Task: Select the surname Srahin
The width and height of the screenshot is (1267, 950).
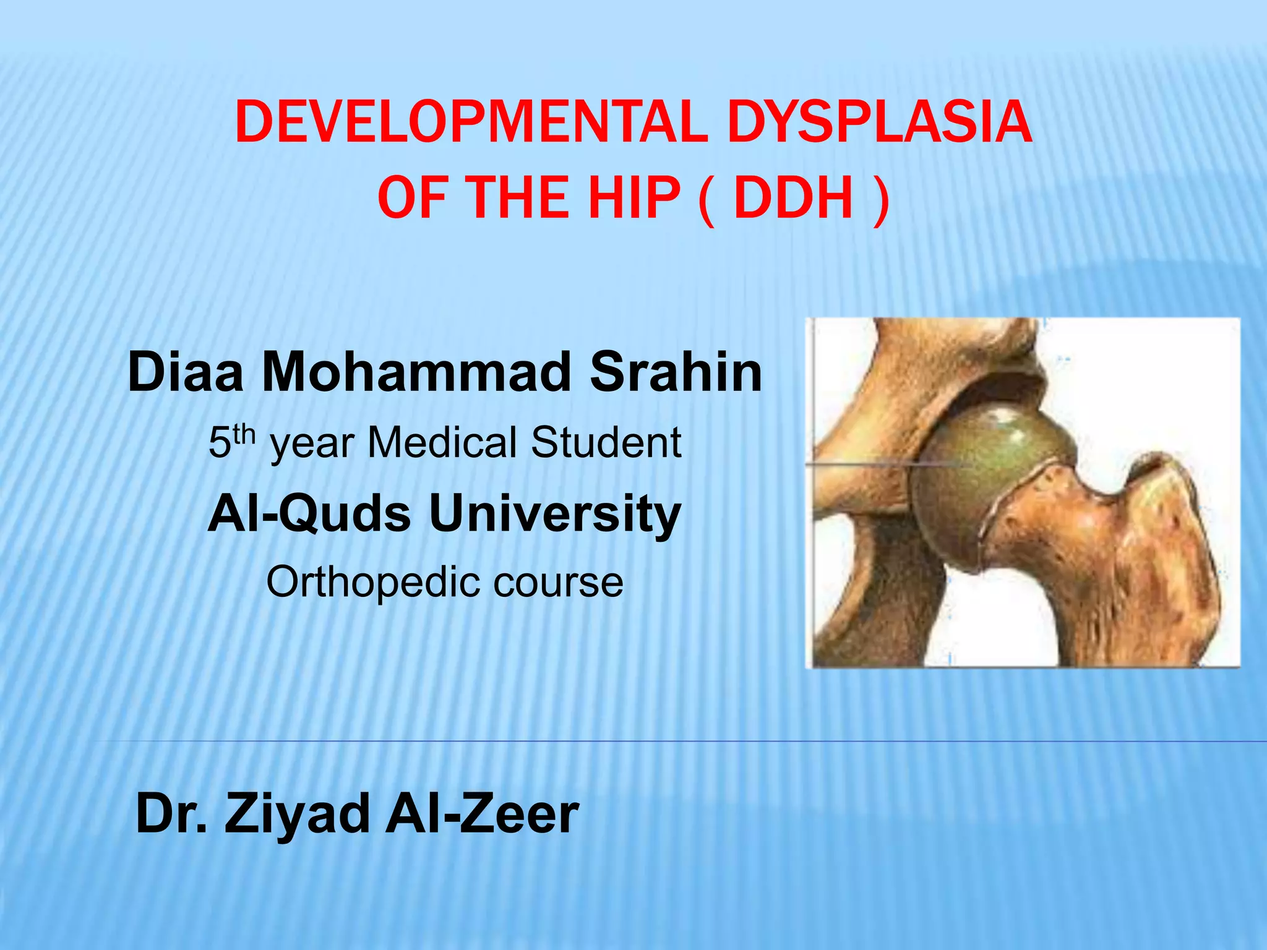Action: tap(676, 372)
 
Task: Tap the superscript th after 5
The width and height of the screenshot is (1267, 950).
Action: tap(245, 434)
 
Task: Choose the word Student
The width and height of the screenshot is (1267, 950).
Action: tap(606, 443)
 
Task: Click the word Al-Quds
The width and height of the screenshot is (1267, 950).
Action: tap(310, 515)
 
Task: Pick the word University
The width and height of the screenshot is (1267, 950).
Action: tap(555, 515)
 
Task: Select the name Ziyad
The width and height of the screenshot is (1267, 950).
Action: tap(296, 814)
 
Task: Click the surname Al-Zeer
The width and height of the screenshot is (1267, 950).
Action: tap(482, 814)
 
